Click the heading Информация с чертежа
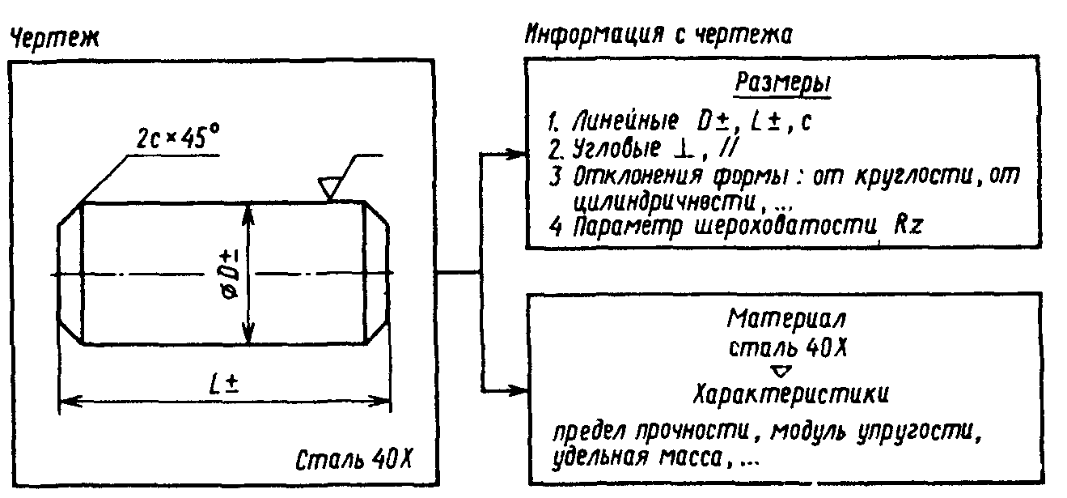pos(658,35)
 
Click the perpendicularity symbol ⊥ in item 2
pos(688,151)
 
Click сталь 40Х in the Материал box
pos(781,349)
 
